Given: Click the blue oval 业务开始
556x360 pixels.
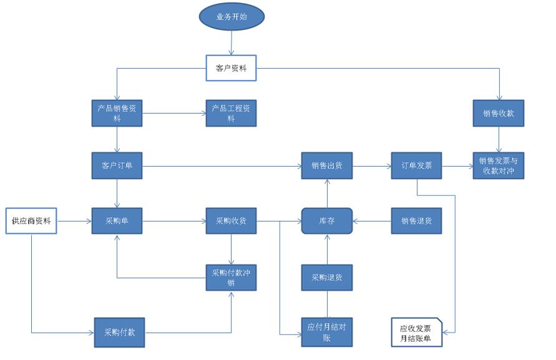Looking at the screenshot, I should pyautogui.click(x=232, y=17).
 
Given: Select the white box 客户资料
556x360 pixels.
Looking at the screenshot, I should pyautogui.click(x=231, y=68).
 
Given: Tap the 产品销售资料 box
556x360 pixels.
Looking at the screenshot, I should pyautogui.click(x=117, y=113).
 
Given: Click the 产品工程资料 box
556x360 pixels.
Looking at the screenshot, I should pyautogui.click(x=231, y=113).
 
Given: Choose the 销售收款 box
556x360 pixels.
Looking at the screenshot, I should pyautogui.click(x=498, y=113).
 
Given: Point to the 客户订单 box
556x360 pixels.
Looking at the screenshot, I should pyautogui.click(x=117, y=165).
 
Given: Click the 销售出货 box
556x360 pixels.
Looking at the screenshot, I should pyautogui.click(x=327, y=165).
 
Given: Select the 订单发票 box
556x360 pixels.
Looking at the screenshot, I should pyautogui.click(x=417, y=165).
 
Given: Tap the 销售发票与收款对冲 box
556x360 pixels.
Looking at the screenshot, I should pyautogui.click(x=498, y=165).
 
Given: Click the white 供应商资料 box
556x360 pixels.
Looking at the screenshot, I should pyautogui.click(x=31, y=221).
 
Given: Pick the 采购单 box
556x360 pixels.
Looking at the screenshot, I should pyautogui.click(x=117, y=221).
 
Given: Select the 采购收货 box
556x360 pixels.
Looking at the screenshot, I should pyautogui.click(x=231, y=221).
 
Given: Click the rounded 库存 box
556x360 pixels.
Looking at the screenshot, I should pyautogui.click(x=327, y=221).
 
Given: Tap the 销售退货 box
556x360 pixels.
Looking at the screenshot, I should pyautogui.click(x=417, y=221).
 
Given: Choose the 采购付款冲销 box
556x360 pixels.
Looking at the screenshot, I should pyautogui.click(x=231, y=277).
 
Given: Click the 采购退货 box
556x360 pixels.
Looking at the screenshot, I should pyautogui.click(x=327, y=277).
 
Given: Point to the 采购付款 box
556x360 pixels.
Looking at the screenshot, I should pyautogui.click(x=119, y=332).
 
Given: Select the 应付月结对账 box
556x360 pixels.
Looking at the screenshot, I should pyautogui.click(x=327, y=332).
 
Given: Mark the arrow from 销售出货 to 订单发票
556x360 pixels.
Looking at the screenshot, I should pyautogui.click(x=372, y=166).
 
